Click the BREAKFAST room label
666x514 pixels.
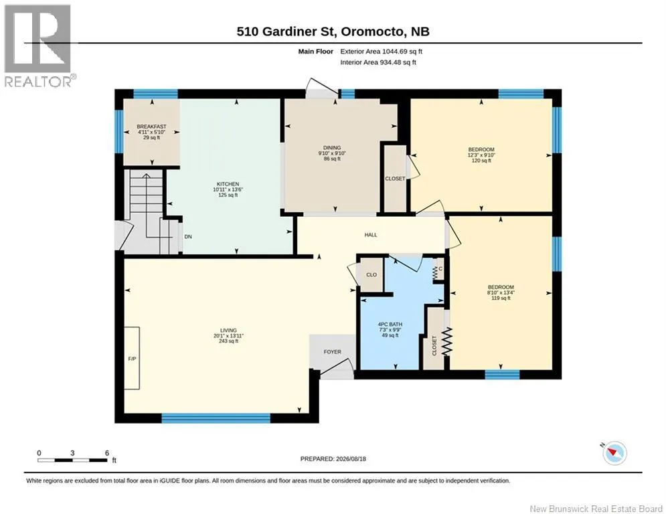tap(152, 126)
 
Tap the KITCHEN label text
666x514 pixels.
tap(228, 184)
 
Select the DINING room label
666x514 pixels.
tap(332, 148)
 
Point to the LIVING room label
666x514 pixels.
tap(228, 330)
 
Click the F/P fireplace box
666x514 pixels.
tap(132, 358)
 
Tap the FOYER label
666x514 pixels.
tap(333, 352)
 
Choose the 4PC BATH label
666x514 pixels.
tap(390, 325)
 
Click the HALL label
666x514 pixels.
tap(371, 234)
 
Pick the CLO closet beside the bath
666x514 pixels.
tap(371, 275)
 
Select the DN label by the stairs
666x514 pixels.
tap(188, 237)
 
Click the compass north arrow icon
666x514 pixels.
tap(614, 452)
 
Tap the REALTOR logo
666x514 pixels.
tap(38, 46)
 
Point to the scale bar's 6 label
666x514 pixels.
tap(107, 453)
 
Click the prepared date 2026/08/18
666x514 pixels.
tap(351, 458)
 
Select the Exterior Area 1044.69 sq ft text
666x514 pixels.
tap(381, 52)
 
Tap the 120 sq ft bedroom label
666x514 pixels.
tap(481, 161)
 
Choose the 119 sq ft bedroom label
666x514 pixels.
tap(501, 298)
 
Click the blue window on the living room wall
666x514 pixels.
tap(216, 418)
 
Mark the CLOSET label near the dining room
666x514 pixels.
tap(395, 179)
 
